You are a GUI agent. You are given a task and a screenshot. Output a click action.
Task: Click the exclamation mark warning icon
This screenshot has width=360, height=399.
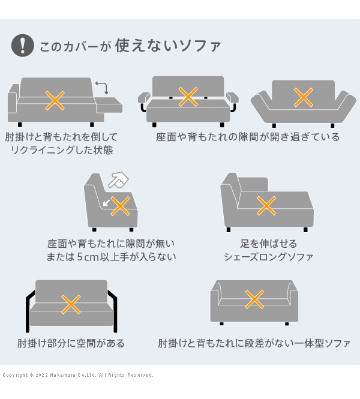pyautogui.click(x=23, y=45)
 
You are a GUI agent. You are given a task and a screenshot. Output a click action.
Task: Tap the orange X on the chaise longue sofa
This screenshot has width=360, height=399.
pyautogui.click(x=266, y=206)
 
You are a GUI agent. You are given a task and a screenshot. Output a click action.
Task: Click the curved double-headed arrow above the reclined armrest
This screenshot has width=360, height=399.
pyautogui.click(x=102, y=88)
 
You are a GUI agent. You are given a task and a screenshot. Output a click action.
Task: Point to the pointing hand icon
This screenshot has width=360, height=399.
pyautogui.click(x=118, y=179)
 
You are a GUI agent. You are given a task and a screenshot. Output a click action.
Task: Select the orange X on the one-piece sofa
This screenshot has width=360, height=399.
pyautogui.click(x=254, y=299)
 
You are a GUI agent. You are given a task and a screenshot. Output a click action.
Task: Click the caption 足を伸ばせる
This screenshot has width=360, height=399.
pyautogui.click(x=269, y=244)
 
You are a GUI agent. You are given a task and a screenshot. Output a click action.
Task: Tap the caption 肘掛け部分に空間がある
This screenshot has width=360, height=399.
pyautogui.click(x=71, y=343)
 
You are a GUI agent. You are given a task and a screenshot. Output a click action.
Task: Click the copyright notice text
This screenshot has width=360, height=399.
pyautogui.click(x=78, y=375)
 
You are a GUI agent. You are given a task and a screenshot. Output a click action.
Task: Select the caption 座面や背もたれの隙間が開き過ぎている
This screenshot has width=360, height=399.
pyautogui.click(x=248, y=137)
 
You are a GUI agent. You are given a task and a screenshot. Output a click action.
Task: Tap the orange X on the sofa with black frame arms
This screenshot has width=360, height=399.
pyautogui.click(x=71, y=304)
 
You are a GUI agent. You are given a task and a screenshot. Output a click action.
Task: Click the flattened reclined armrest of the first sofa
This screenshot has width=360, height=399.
pyautogui.click(x=108, y=104)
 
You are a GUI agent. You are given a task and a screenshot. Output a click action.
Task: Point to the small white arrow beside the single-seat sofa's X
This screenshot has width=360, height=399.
pyautogui.click(x=106, y=203)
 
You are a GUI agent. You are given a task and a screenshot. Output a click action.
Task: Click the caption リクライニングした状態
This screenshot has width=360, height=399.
pyautogui.click(x=62, y=150)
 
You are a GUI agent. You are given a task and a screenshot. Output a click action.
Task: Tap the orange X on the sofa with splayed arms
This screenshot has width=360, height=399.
pyautogui.click(x=303, y=97)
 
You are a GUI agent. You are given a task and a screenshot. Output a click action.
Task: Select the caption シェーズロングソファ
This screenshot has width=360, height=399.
pyautogui.click(x=268, y=257)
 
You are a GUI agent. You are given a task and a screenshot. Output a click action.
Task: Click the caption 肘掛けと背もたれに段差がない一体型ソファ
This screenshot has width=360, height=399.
pyautogui.click(x=254, y=343)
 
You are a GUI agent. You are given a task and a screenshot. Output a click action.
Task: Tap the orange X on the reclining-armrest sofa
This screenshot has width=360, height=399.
pyautogui.click(x=55, y=101)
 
